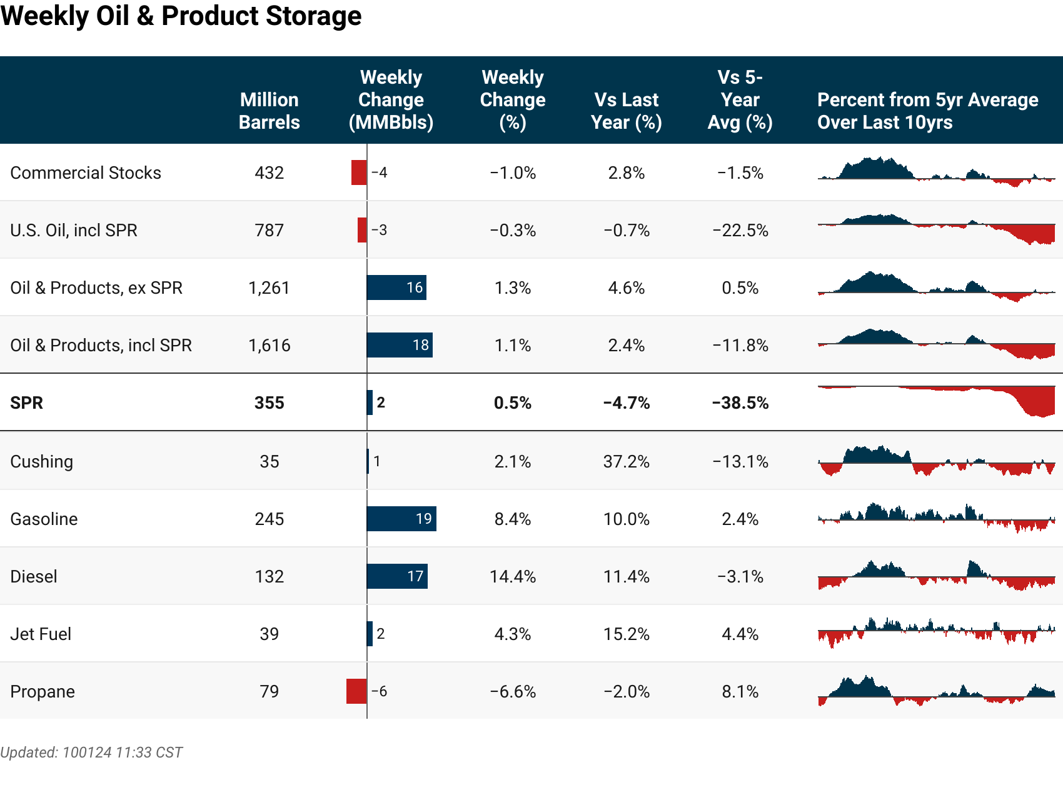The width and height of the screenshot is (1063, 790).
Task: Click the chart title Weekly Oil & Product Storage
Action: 181,16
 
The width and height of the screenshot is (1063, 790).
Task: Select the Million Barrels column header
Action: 269,111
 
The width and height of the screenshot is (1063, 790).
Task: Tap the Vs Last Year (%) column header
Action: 626,111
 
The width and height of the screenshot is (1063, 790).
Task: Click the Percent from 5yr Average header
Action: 927,111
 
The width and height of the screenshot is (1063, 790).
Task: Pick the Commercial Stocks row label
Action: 86,172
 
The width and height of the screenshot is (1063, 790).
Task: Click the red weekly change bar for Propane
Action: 356,691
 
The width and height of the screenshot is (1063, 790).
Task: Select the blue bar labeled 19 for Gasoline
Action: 401,519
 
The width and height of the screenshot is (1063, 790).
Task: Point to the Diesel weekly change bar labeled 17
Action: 396,576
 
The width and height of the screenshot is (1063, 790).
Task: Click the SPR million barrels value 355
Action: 269,402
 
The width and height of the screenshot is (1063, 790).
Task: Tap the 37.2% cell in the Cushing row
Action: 626,461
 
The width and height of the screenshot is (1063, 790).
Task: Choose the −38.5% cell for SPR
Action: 740,402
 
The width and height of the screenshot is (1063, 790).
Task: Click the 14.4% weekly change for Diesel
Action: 512,576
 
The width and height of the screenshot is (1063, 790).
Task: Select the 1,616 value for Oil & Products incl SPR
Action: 269,345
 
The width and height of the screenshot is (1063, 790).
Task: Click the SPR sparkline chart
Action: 936,400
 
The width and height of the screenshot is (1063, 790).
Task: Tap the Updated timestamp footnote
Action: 91,752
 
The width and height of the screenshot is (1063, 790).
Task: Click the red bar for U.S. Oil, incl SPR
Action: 362,230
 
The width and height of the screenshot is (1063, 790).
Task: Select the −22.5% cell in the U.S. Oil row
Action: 740,230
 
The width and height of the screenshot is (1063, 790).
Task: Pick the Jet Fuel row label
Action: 41,634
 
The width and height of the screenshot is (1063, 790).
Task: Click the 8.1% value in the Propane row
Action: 740,691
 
